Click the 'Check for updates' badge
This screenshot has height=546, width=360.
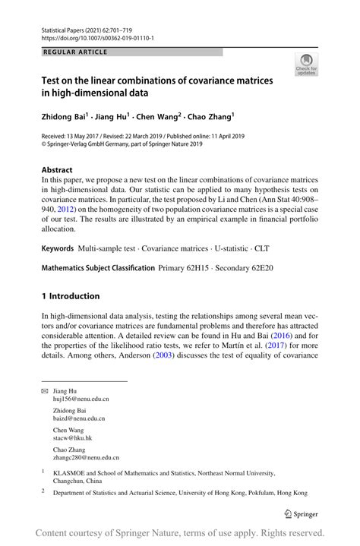click(x=306, y=65)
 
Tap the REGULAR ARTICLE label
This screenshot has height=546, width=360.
click(x=75, y=52)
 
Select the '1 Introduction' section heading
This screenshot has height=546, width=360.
click(x=71, y=296)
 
